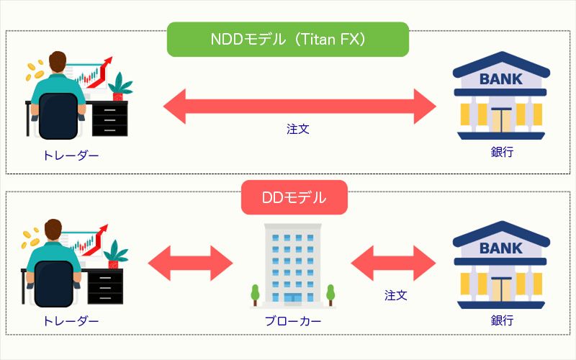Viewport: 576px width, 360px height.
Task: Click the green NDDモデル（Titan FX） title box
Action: [287, 40]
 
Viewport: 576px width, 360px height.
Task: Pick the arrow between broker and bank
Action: [395, 261]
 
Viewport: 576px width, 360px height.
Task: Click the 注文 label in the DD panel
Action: [395, 295]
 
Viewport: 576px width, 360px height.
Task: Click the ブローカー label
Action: [292, 321]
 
